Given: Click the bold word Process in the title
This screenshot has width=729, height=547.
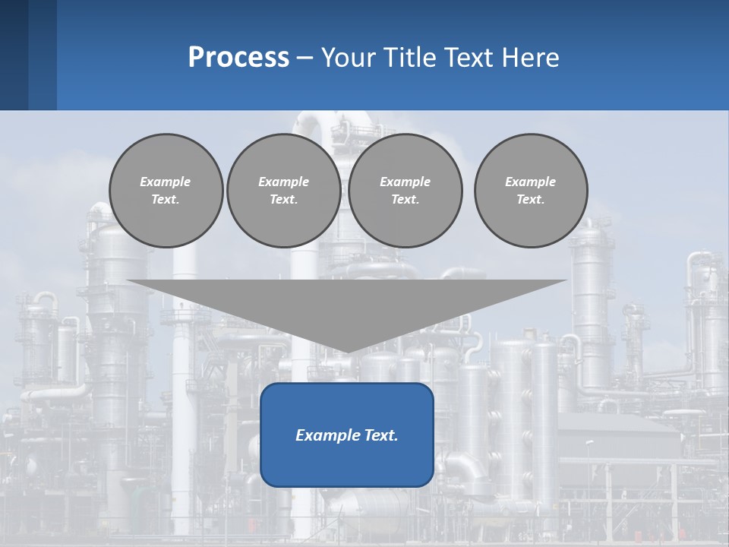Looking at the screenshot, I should [x=238, y=57].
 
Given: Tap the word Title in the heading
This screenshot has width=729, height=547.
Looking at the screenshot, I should [x=409, y=57].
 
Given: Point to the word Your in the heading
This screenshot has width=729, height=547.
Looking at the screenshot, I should [x=349, y=57].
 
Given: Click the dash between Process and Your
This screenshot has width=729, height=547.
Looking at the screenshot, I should [x=305, y=58].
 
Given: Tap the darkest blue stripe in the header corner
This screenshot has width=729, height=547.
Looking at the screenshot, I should [x=14, y=55].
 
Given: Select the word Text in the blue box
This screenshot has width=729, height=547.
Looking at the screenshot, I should [x=380, y=435].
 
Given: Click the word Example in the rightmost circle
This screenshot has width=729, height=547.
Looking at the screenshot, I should [x=530, y=182].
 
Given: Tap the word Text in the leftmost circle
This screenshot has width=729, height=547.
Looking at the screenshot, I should [x=166, y=199].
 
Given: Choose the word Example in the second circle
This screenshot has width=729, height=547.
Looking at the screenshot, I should [x=283, y=182].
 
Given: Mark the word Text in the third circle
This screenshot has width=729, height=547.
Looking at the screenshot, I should [x=405, y=199].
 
